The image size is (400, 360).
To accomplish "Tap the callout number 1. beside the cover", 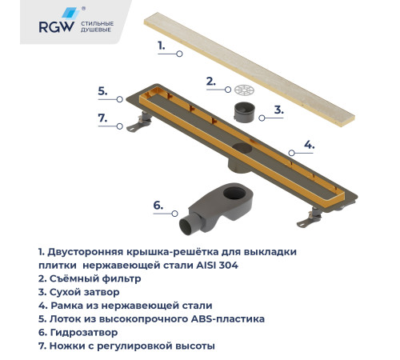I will pos(162,46).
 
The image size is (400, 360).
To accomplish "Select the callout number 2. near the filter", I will pos(210,81).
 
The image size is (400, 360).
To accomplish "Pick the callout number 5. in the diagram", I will pos(102,91).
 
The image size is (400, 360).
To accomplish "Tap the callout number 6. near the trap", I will pos(158,206).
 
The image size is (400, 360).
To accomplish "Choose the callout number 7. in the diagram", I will pos(102,118).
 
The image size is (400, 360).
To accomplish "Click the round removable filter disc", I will pos(244,90).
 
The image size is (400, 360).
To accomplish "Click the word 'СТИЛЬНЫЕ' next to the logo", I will pos(98,24).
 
